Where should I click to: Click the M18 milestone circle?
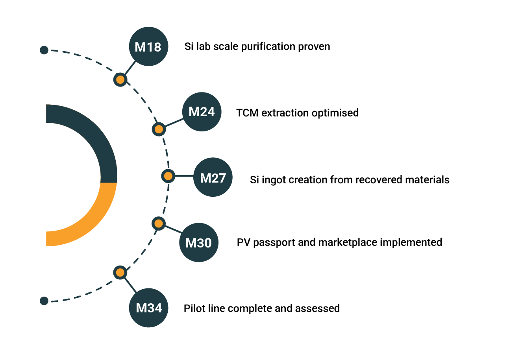pyautogui.click(x=148, y=46)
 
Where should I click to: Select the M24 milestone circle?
pyautogui.click(x=202, y=112)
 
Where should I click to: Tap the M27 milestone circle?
pyautogui.click(x=213, y=177)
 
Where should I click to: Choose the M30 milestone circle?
pyautogui.click(x=199, y=242)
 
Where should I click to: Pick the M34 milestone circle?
pyautogui.click(x=148, y=308)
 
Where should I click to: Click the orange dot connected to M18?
pyautogui.click(x=120, y=80)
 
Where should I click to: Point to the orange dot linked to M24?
pyautogui.click(x=159, y=129)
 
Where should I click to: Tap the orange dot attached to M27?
pyautogui.click(x=168, y=176)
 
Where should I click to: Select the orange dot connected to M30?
pyautogui.click(x=159, y=223)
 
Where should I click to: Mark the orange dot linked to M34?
pyautogui.click(x=120, y=272)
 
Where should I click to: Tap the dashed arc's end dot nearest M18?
pyautogui.click(x=44, y=50)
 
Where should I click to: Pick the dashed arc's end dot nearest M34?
pyautogui.click(x=44, y=301)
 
